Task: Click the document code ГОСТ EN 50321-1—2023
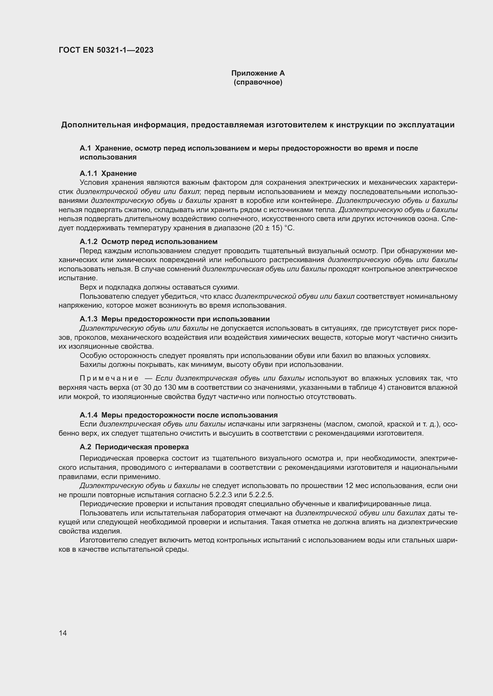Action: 106,50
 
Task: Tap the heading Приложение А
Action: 258,73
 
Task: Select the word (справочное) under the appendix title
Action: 258,82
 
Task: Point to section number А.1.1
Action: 88,173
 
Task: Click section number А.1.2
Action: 88,242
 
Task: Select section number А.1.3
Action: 88,319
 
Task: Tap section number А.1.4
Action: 88,415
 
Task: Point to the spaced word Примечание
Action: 109,378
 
